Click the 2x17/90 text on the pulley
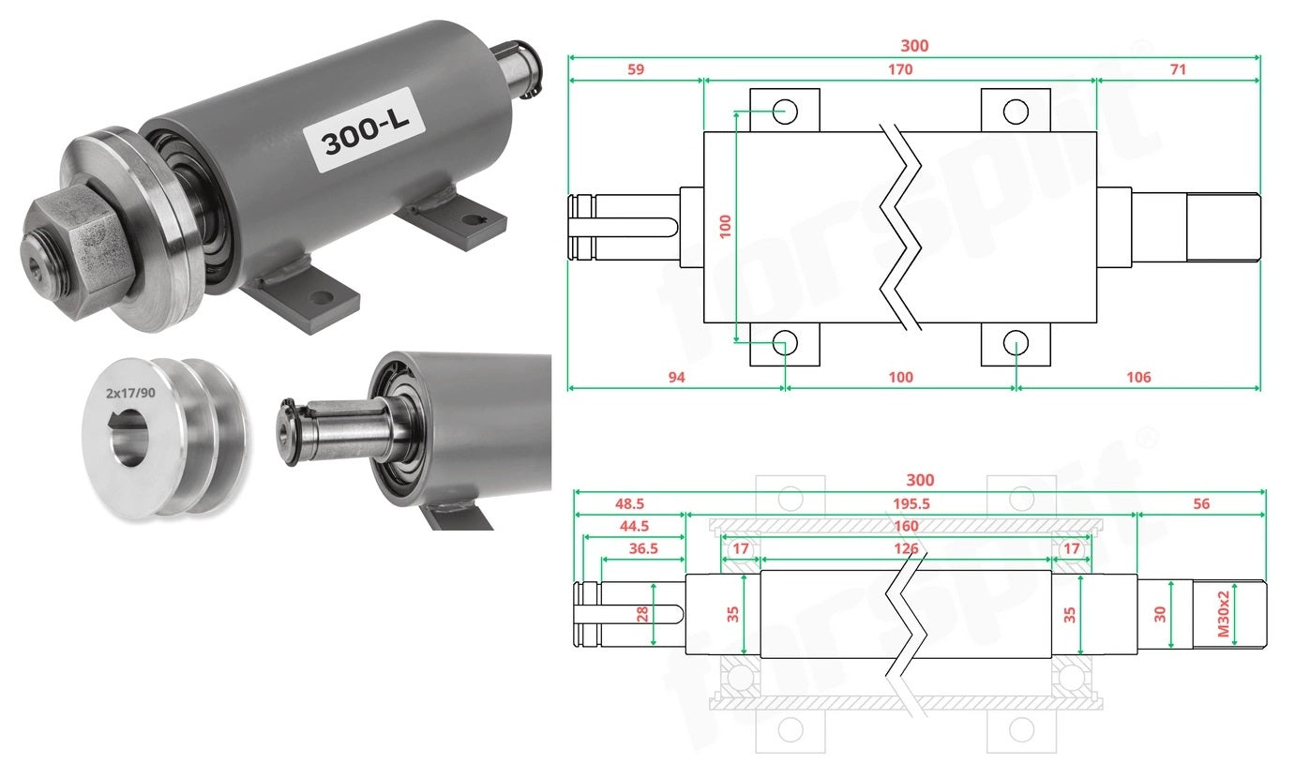pyautogui.click(x=130, y=393)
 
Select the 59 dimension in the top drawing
pyautogui.click(x=636, y=69)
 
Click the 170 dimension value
pyautogui.click(x=900, y=69)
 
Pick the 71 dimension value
pyautogui.click(x=1178, y=69)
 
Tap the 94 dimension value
pyautogui.click(x=676, y=378)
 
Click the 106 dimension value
pyautogui.click(x=1138, y=378)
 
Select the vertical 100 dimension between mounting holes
pyautogui.click(x=725, y=227)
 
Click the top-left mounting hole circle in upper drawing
pyautogui.click(x=785, y=111)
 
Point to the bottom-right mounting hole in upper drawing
pyautogui.click(x=1016, y=343)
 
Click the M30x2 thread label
pyautogui.click(x=1224, y=614)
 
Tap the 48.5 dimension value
pyautogui.click(x=629, y=503)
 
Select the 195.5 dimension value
pyautogui.click(x=911, y=503)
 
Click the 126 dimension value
pyautogui.click(x=906, y=548)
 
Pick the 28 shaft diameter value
pyautogui.click(x=642, y=614)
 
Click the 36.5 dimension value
pyautogui.click(x=643, y=548)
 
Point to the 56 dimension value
pyautogui.click(x=1201, y=503)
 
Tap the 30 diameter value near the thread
pyautogui.click(x=1160, y=614)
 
